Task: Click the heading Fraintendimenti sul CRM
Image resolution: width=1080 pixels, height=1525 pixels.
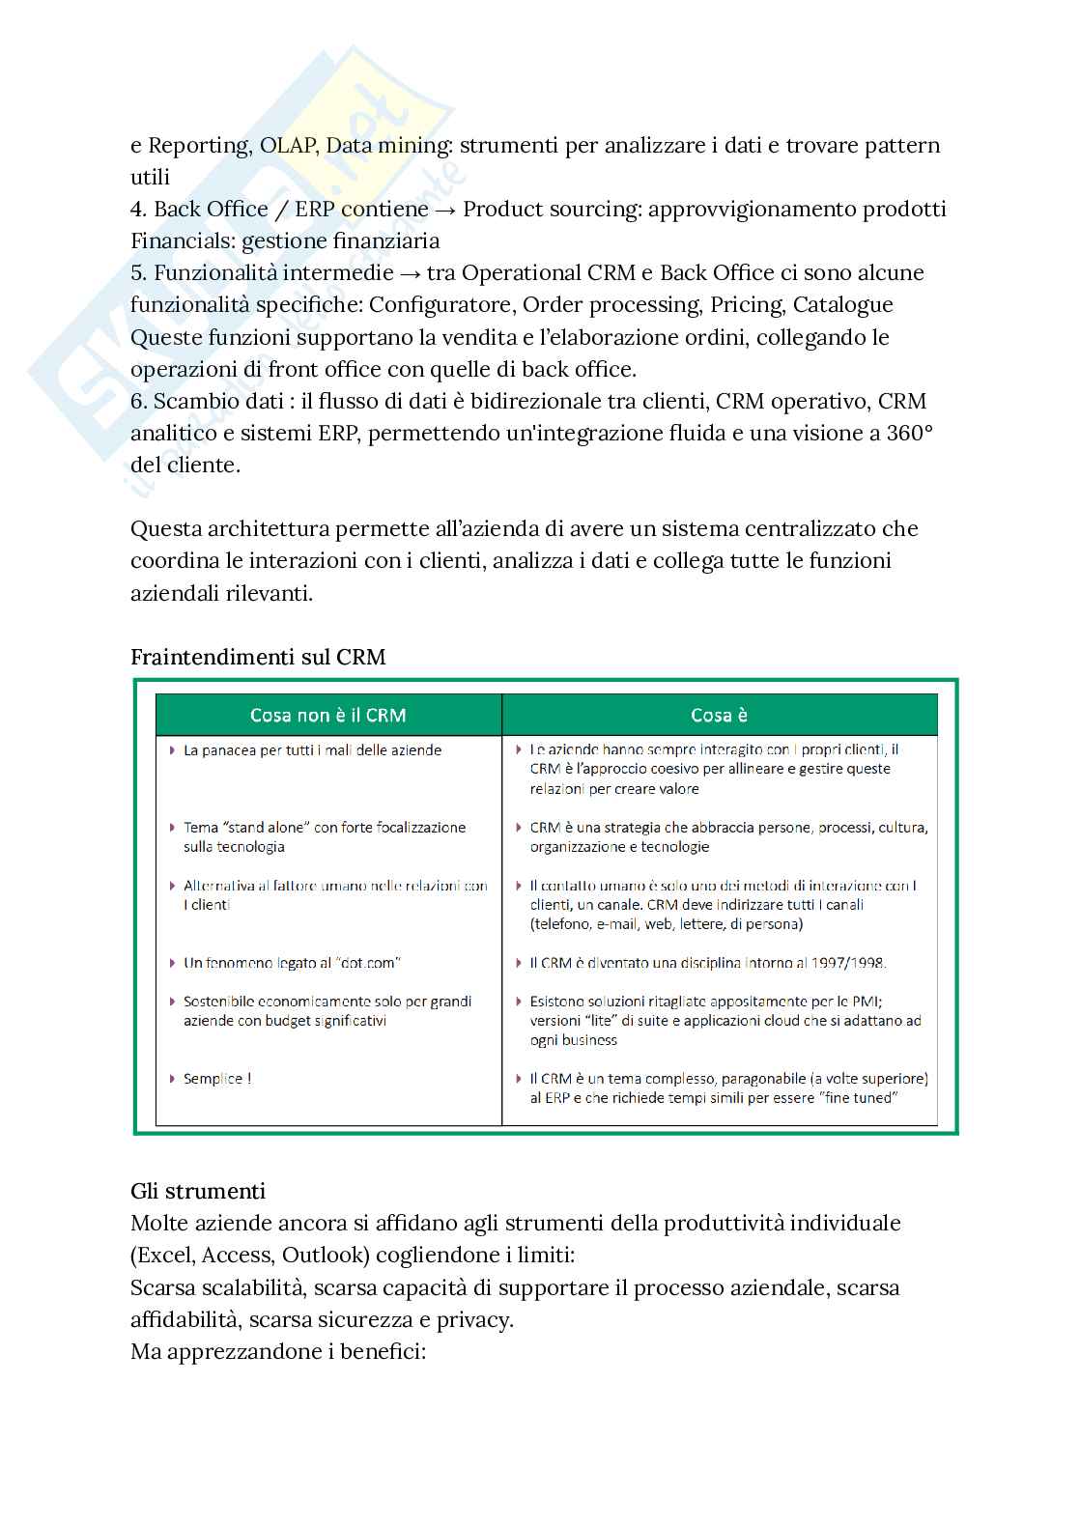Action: tap(258, 658)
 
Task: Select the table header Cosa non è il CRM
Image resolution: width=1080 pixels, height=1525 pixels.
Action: tap(327, 716)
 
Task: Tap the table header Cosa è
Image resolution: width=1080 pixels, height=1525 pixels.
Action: tap(719, 716)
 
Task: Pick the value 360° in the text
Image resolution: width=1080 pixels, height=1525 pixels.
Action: tap(909, 434)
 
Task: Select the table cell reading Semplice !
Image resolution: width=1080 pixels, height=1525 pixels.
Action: tap(217, 1079)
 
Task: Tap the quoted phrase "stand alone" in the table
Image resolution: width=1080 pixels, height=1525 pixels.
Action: tap(267, 828)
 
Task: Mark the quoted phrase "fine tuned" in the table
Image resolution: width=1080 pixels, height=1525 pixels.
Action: tap(859, 1098)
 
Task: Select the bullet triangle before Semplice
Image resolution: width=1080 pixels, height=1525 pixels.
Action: tap(172, 1079)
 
